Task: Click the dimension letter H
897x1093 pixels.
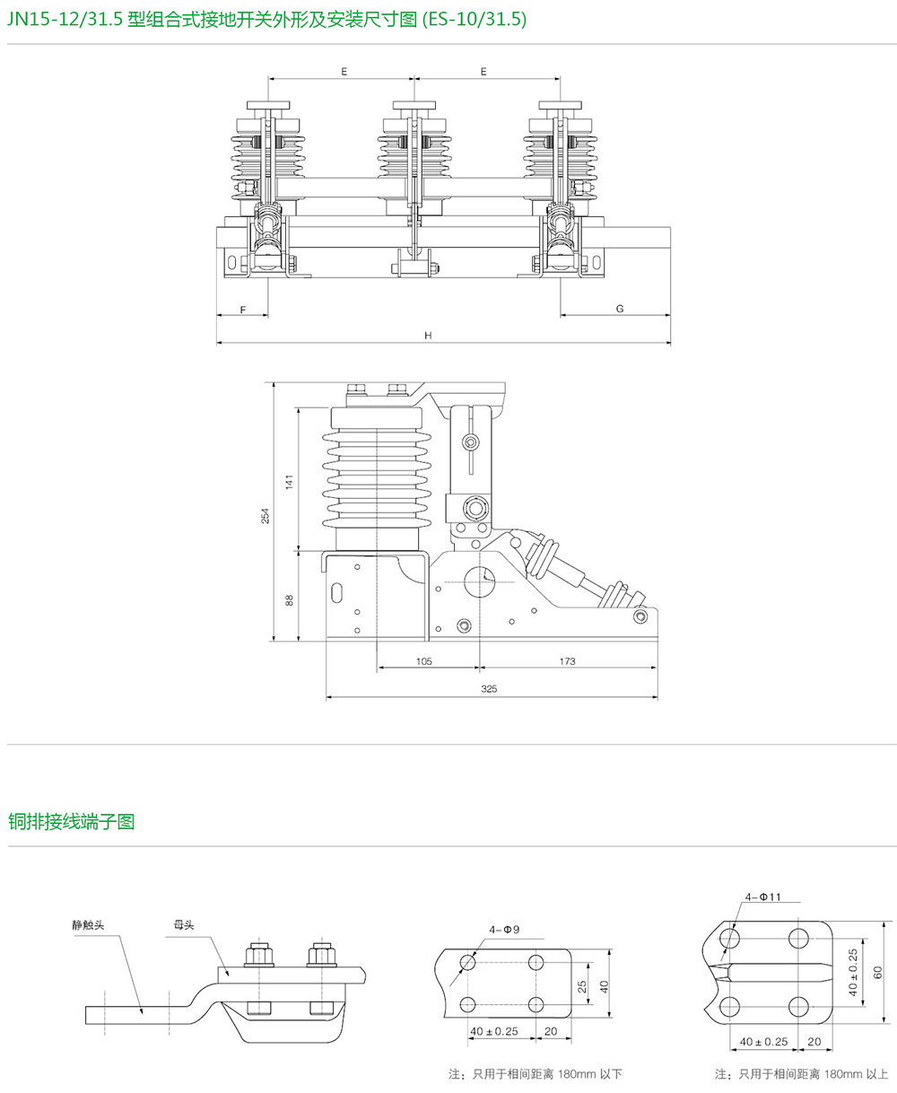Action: tap(429, 336)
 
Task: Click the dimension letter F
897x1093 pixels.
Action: tap(243, 309)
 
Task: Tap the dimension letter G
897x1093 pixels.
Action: tap(619, 309)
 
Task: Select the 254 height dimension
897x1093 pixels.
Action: tap(266, 516)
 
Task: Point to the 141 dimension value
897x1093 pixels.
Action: tap(289, 481)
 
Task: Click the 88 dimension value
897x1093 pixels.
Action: tap(289, 599)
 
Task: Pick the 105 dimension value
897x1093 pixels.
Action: tap(424, 661)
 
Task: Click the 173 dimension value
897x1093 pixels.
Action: tap(567, 661)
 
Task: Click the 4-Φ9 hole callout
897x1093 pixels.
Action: tap(505, 929)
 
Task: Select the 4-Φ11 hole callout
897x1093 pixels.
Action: tap(763, 896)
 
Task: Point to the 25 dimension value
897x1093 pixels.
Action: tap(582, 984)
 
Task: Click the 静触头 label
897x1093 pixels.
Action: tap(90, 923)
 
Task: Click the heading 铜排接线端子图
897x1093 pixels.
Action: tap(72, 821)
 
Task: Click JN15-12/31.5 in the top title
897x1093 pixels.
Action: tap(64, 21)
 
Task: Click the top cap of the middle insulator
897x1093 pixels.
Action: tap(415, 105)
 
